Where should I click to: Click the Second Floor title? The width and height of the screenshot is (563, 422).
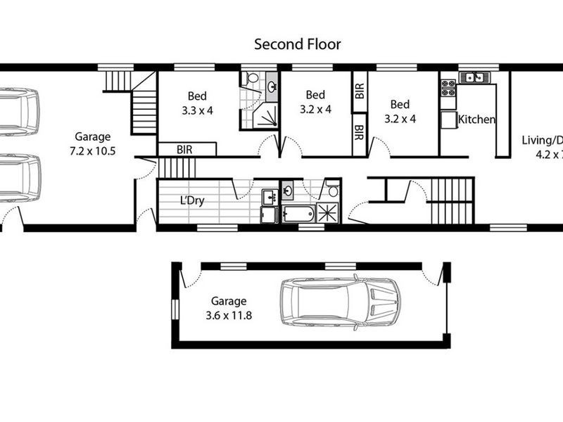coord(297,44)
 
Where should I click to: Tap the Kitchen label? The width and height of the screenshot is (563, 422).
coord(476,120)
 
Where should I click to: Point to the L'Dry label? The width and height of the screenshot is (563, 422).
coord(192,201)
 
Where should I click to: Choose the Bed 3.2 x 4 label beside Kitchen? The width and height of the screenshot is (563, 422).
coord(400,111)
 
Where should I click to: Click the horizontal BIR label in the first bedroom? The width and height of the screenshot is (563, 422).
coord(186,149)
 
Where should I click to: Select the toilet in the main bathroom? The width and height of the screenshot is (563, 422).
coord(332,190)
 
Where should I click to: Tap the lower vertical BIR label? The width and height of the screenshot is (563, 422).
coord(359,132)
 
